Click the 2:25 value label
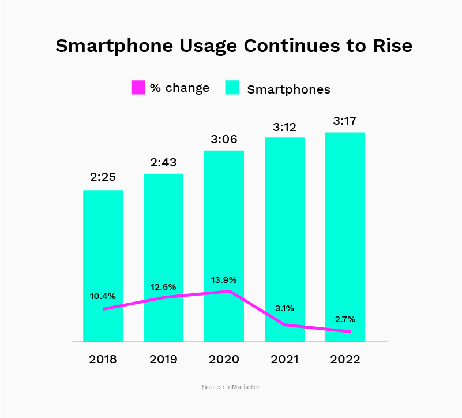(x=103, y=177)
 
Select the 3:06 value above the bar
(x=224, y=139)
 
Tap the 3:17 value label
(x=345, y=121)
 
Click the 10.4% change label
(x=103, y=296)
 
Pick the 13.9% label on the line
(x=224, y=280)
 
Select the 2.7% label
(x=345, y=319)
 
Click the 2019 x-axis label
(x=163, y=359)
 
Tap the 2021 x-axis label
(x=284, y=359)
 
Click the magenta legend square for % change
(x=138, y=88)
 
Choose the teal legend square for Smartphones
(x=232, y=88)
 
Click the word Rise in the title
(x=393, y=46)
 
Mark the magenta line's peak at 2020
(x=230, y=291)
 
